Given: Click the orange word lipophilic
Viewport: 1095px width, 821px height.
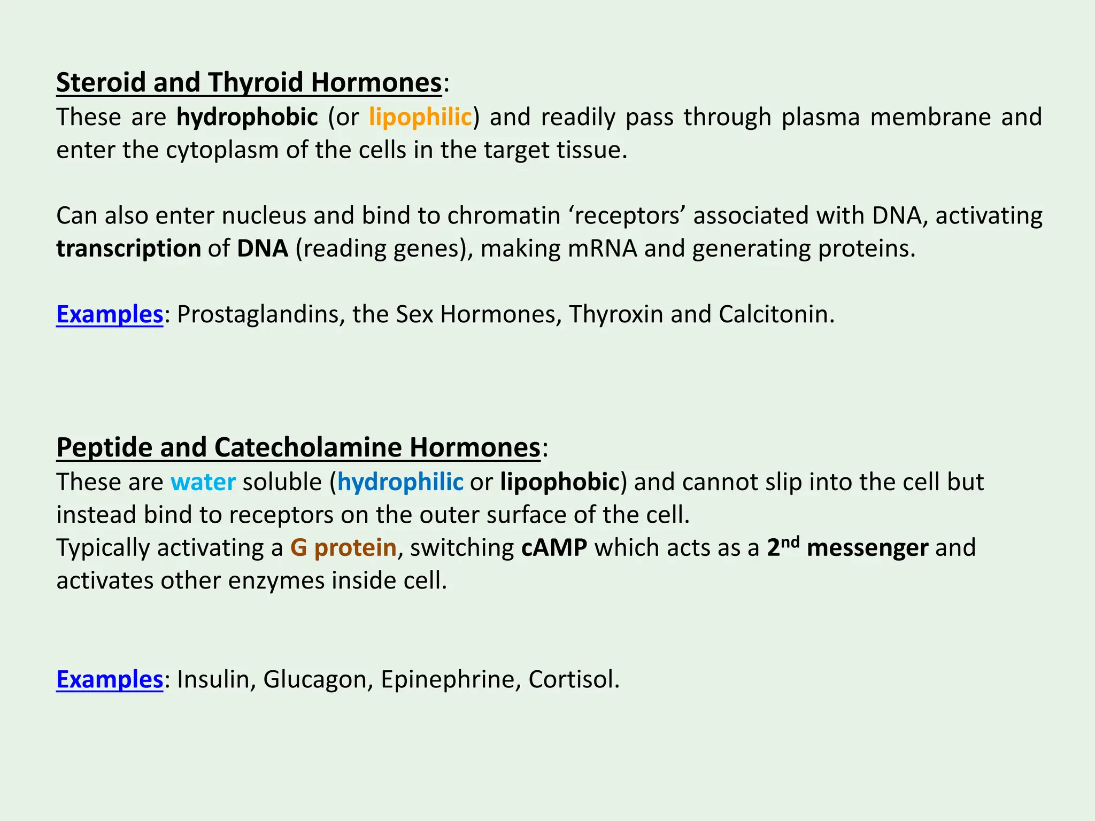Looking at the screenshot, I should pyautogui.click(x=420, y=118).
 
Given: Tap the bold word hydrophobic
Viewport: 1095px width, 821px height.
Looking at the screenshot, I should pyautogui.click(x=247, y=118).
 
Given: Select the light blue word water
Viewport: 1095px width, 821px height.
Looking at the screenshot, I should pyautogui.click(x=203, y=482).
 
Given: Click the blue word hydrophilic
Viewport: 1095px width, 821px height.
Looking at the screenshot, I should pyautogui.click(x=400, y=482).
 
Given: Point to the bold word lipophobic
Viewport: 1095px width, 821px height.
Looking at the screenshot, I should pyautogui.click(x=559, y=482).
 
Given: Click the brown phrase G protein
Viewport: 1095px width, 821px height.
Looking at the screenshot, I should pyautogui.click(x=343, y=548).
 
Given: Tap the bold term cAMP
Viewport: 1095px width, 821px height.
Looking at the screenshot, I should pyautogui.click(x=554, y=548).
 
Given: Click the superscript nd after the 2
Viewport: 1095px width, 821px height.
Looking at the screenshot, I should pyautogui.click(x=790, y=542).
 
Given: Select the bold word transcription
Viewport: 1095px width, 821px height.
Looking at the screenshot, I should pyautogui.click(x=129, y=249).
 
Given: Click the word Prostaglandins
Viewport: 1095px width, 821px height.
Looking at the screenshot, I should pyautogui.click(x=260, y=314).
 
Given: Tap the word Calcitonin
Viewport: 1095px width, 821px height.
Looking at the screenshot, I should pyautogui.click(x=773, y=314).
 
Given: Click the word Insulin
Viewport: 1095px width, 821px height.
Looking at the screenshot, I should pyautogui.click(x=213, y=679).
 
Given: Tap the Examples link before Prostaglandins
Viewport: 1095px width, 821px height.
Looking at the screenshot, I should pyautogui.click(x=110, y=314).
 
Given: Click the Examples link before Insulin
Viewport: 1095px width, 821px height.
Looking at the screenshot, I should pyautogui.click(x=110, y=679).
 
